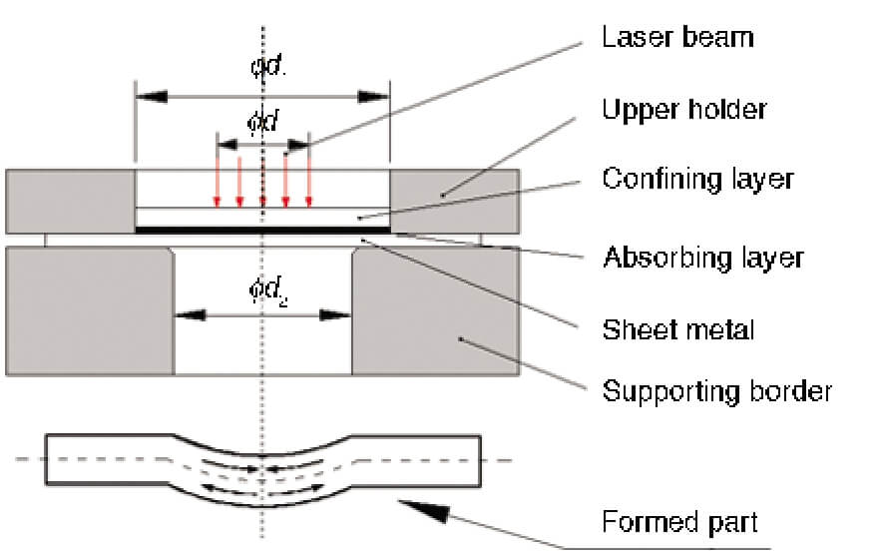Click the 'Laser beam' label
click(676, 39)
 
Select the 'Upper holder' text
click(683, 108)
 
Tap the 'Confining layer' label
click(697, 179)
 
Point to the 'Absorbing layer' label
click(703, 258)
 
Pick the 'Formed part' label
click(679, 522)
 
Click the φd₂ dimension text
click(264, 290)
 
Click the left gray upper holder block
click(70, 201)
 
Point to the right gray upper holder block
click(453, 201)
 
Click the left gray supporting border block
click(90, 309)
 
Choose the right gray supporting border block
click(435, 309)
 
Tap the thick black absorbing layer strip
click(261, 230)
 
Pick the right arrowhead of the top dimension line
click(374, 97)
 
